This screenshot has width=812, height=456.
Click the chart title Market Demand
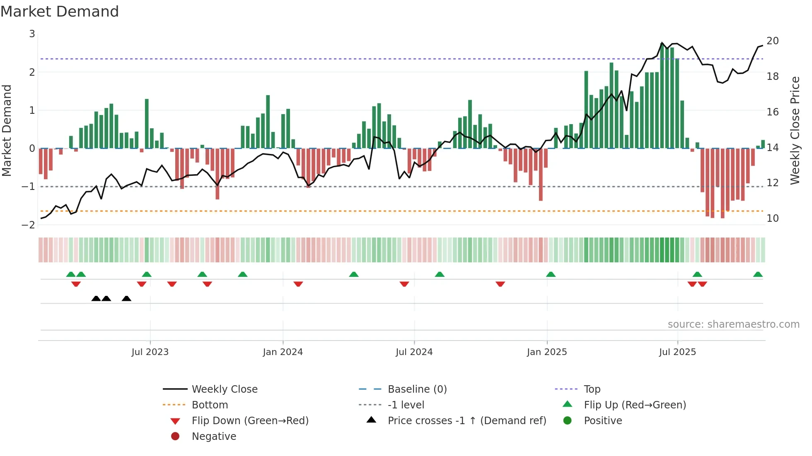[x=60, y=12]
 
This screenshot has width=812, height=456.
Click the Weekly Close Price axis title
[x=795, y=130]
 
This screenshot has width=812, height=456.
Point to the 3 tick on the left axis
[x=32, y=34]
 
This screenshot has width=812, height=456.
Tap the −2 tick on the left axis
[x=29, y=225]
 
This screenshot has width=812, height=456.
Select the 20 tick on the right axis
[x=772, y=41]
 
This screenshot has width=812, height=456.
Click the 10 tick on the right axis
[x=772, y=218]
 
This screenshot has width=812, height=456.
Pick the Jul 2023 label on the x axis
[x=150, y=352]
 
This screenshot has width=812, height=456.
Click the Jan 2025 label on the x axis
[x=546, y=352]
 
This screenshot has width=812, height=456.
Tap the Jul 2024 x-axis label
[x=414, y=352]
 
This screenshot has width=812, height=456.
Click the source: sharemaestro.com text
[x=733, y=324]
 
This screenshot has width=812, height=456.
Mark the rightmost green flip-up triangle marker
[x=758, y=274]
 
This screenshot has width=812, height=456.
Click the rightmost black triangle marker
[x=126, y=299]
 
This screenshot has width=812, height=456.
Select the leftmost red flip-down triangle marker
[x=76, y=284]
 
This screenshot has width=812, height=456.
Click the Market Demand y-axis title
[x=7, y=130]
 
